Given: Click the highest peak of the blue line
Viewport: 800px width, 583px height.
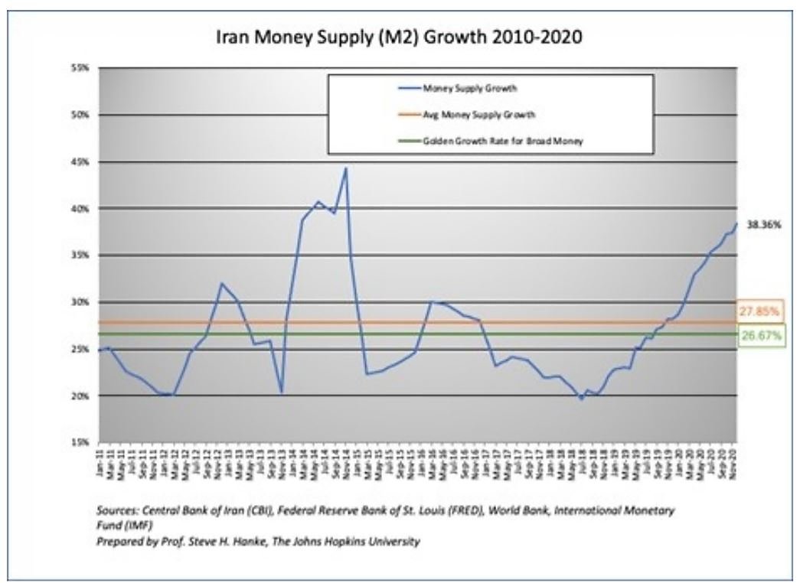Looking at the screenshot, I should (346, 168).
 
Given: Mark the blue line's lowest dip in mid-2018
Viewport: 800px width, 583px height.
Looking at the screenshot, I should (582, 399).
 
